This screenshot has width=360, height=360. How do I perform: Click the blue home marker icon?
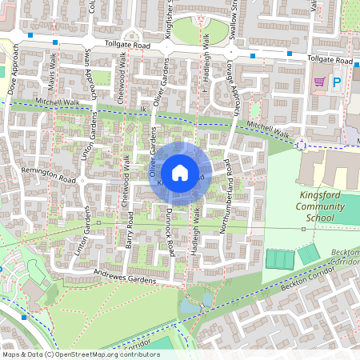(180, 173)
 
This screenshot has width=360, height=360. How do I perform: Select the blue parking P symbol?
(337, 82)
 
